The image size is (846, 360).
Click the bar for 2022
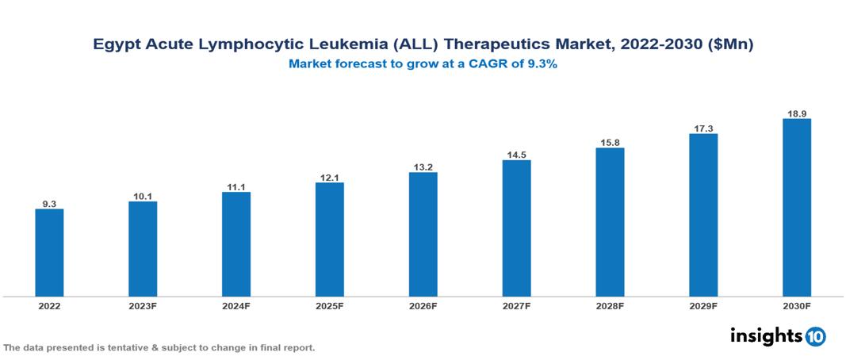coord(49,252)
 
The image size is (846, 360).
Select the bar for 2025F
coord(329,239)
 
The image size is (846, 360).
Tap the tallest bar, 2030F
coord(796,208)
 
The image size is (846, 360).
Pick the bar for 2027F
coord(516,228)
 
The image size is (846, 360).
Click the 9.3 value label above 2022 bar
coord(49,204)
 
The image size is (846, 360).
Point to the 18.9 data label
coord(796,113)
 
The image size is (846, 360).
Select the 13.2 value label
coord(423,167)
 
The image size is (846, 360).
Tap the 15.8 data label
coord(610,143)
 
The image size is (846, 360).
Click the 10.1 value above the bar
coord(143,196)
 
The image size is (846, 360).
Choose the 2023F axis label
coord(143,306)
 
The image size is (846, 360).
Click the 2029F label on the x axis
coord(703,306)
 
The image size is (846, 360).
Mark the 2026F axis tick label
coord(423,306)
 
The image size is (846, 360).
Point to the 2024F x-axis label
coord(236,306)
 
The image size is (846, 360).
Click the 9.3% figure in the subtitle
coord(543,64)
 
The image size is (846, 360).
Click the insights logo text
coord(765,335)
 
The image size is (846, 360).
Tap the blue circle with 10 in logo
coord(815,337)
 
